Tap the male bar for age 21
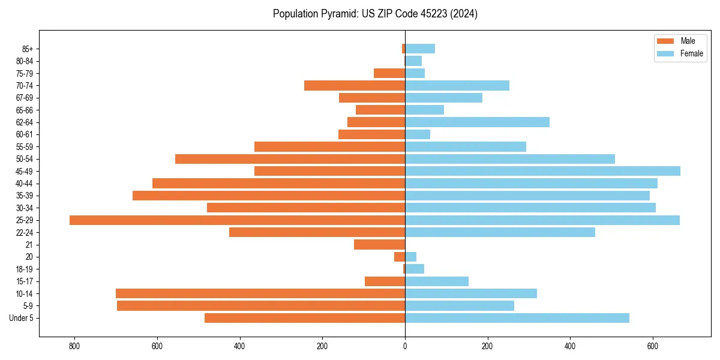coord(379,245)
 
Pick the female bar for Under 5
coord(517,318)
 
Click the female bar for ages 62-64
coord(477,122)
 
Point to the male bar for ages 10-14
coord(260,293)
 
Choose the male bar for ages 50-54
coord(290,159)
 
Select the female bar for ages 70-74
coord(457,86)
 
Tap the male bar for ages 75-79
coord(389,73)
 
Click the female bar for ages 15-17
coord(437,281)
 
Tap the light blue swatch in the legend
coord(666,53)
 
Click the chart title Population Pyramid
coord(375,14)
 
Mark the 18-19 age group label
coord(25,269)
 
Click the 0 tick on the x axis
coord(405,346)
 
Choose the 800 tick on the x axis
coord(74,346)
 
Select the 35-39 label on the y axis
coord(25,196)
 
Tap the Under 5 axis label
coord(22,318)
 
